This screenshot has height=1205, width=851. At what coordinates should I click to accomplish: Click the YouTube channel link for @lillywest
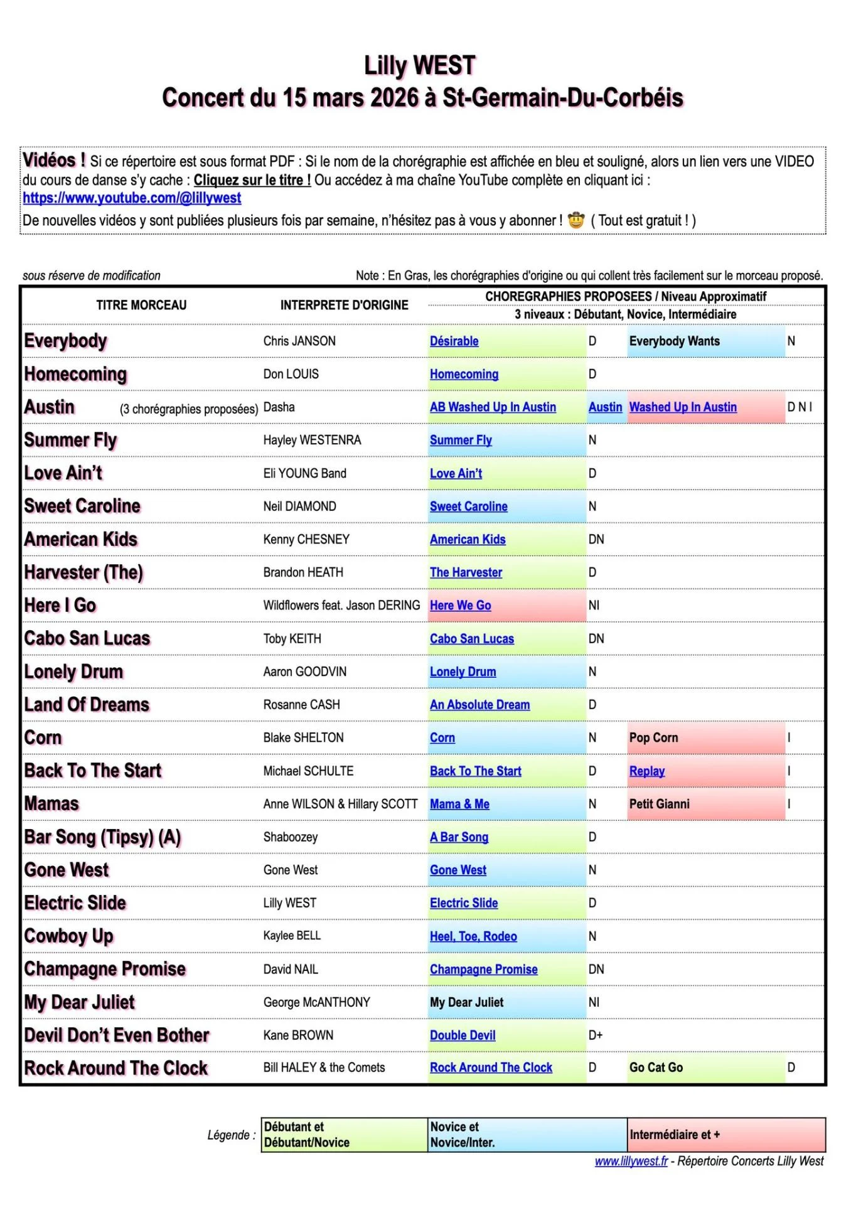tap(132, 198)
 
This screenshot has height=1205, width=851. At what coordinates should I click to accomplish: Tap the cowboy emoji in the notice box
tap(575, 220)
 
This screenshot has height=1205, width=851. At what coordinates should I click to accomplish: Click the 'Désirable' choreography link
tap(454, 341)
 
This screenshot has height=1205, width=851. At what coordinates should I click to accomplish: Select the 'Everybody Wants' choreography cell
tap(674, 341)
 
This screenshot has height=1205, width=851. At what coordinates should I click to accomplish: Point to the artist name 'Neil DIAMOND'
tap(299, 506)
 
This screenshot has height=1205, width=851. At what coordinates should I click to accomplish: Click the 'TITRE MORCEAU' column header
tap(141, 306)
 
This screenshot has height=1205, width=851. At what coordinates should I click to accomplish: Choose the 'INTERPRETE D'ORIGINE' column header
tap(344, 306)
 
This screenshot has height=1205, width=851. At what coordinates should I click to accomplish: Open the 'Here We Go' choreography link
tap(460, 606)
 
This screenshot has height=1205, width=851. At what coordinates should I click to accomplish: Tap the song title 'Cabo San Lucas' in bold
tap(87, 638)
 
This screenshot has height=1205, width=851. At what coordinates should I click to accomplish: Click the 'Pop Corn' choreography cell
tap(653, 738)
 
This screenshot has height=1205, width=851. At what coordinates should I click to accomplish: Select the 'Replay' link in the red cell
tap(646, 771)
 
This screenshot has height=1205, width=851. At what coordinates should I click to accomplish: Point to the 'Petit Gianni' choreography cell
tap(659, 804)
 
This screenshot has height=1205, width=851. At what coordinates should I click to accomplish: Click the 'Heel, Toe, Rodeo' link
tap(473, 936)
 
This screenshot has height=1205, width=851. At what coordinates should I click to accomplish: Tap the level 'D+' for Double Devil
tap(595, 1036)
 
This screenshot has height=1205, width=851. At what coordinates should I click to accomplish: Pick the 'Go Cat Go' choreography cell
tap(656, 1068)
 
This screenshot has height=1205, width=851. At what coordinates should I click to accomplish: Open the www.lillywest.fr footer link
tap(631, 1162)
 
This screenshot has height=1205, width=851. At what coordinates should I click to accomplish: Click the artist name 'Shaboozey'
tap(290, 837)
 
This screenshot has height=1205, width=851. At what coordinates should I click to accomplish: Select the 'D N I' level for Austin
tap(800, 407)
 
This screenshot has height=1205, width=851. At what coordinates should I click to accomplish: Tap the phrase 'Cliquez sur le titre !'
tap(252, 181)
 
